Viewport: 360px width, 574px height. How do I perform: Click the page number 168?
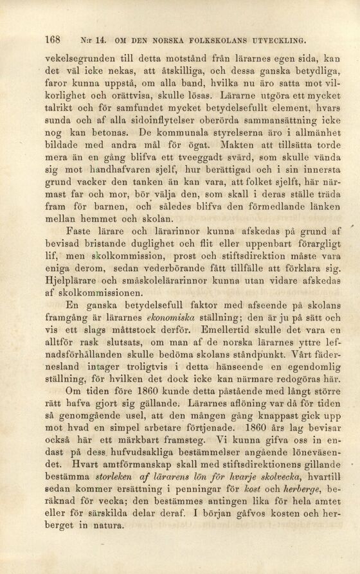53,38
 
